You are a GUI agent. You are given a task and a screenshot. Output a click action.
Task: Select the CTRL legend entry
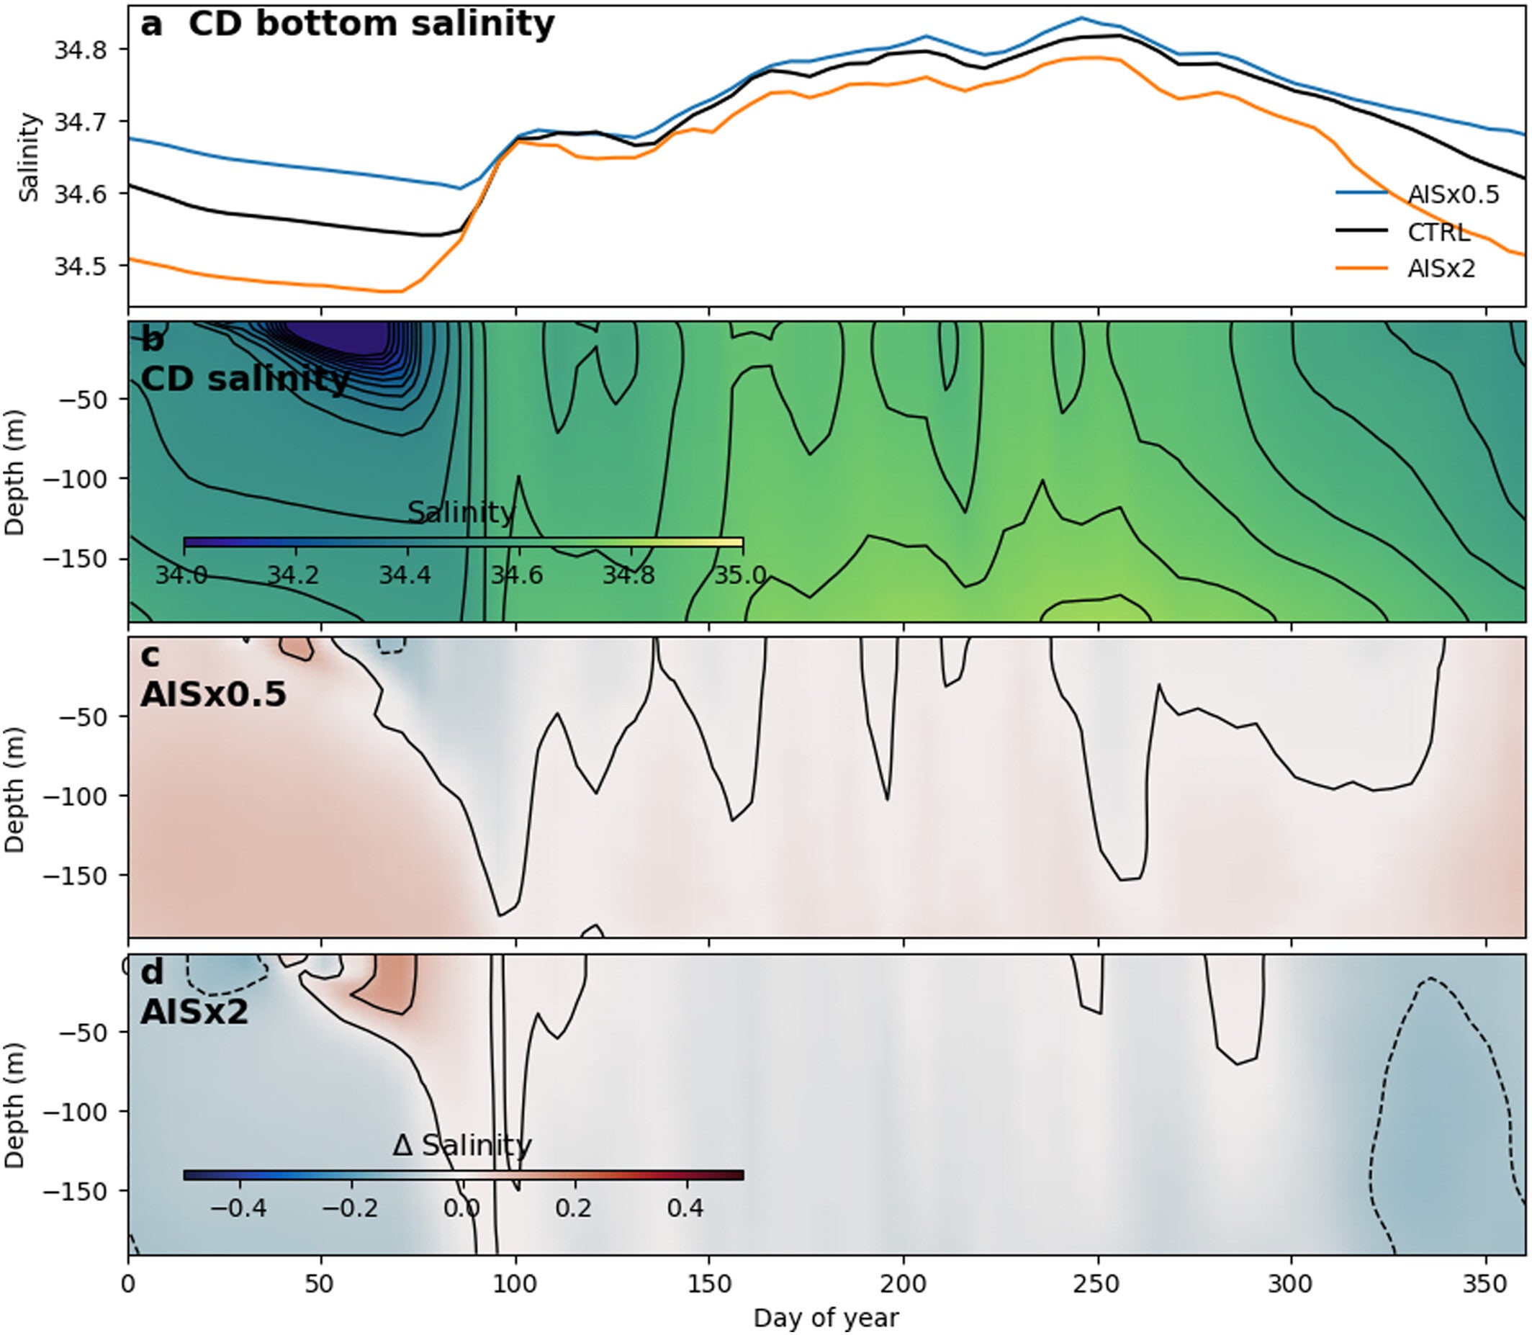(x=1438, y=233)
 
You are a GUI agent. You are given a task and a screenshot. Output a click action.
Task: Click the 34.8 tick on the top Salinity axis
(x=81, y=50)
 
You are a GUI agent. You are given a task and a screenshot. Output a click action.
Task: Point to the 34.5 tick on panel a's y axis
(x=81, y=266)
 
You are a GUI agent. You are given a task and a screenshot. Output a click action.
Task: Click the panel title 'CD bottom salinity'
(x=370, y=24)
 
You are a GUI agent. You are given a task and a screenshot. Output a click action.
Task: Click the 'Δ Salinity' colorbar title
(x=461, y=1145)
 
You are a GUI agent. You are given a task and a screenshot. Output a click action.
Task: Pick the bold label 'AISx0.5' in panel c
(x=213, y=694)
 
